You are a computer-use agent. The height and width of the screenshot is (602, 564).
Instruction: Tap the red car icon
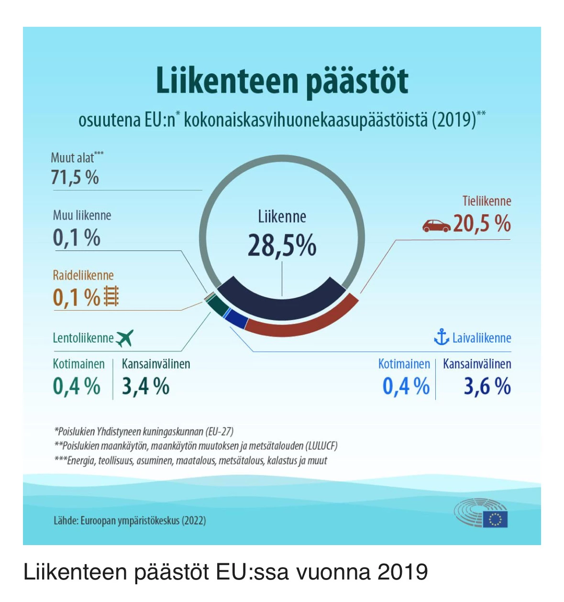click(436, 225)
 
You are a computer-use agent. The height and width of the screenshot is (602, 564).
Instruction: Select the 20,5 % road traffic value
click(482, 223)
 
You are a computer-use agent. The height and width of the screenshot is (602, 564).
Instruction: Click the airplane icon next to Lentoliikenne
click(125, 338)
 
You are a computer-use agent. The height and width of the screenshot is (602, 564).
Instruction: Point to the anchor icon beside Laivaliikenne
click(441, 337)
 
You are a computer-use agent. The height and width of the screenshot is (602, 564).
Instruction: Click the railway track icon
click(111, 296)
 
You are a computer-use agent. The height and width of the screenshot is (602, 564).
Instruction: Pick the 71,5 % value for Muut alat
click(75, 178)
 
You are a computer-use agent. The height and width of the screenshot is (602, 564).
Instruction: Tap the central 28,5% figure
click(282, 245)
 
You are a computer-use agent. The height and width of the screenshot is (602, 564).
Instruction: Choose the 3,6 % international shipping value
click(487, 386)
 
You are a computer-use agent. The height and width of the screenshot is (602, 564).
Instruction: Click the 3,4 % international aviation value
click(145, 386)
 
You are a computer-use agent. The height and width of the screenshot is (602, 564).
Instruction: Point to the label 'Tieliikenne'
click(487, 201)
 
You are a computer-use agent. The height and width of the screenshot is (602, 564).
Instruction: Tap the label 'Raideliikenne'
click(83, 275)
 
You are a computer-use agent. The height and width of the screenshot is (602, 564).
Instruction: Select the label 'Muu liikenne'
click(82, 215)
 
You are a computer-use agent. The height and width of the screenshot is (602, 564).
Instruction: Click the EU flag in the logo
click(495, 519)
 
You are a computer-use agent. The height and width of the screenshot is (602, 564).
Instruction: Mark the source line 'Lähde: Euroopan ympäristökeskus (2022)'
click(130, 521)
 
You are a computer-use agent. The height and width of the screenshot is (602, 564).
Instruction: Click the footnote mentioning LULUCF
click(196, 446)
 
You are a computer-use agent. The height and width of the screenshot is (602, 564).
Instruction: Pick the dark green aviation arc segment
click(219, 307)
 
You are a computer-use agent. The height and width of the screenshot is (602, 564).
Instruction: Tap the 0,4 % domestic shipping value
click(406, 386)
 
